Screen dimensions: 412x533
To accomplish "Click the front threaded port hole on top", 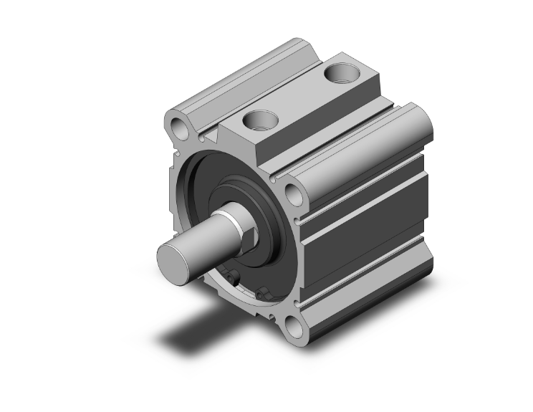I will pos(259,119).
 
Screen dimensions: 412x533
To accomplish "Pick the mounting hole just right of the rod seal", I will pos(292,195).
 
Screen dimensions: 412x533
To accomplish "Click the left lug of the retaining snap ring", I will pos(231,277).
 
